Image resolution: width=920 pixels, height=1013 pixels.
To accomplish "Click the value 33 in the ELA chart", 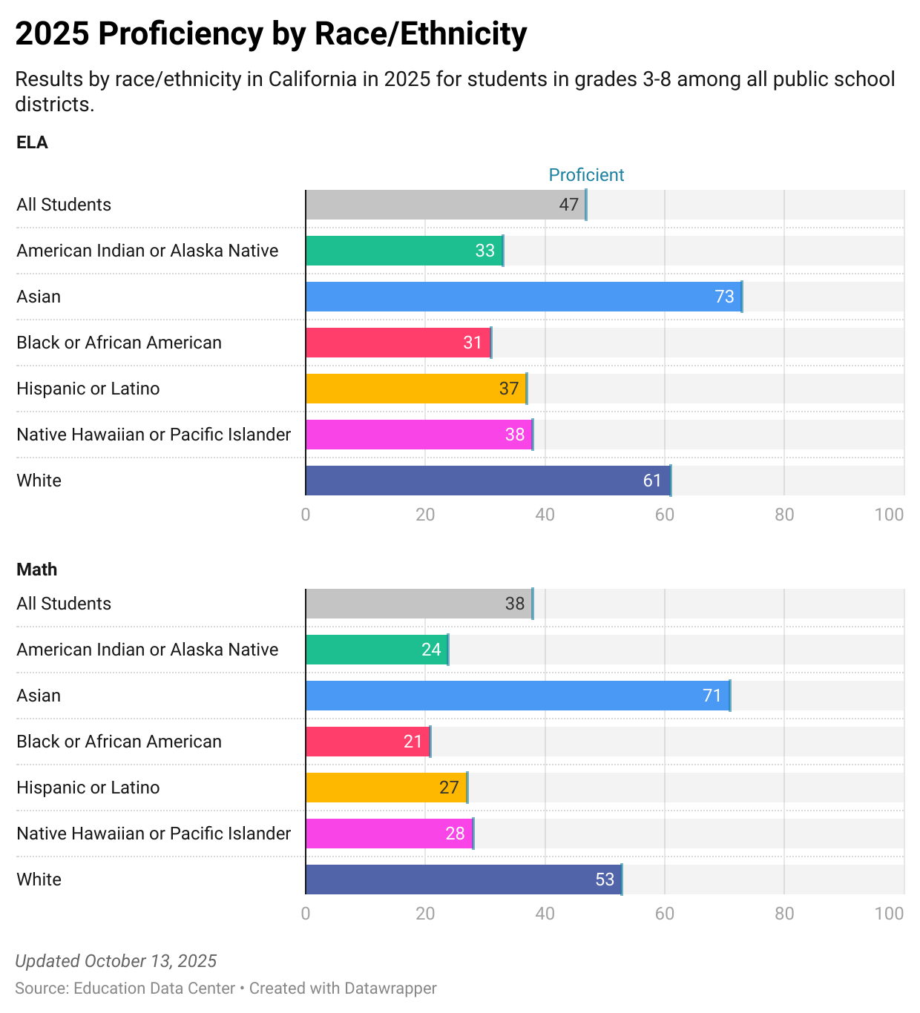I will coord(484,251).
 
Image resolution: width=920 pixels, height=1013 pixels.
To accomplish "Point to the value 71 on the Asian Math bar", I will coord(712,696).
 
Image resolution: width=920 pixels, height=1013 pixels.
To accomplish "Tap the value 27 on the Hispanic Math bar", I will coord(449,788).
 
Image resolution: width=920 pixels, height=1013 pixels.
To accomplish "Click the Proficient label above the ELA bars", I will coord(586,175).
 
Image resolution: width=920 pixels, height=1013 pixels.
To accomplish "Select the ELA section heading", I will coord(32,142).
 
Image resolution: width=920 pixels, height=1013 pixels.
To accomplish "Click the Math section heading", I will coord(37,570).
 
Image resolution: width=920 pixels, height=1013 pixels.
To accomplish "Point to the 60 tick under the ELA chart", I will coord(664,515).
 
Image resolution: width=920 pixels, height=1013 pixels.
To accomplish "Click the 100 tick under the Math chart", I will coord(889,914).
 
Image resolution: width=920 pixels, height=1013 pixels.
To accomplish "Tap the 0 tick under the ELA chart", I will coord(306,515).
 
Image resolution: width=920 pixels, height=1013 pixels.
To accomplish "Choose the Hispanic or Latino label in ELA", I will coord(88,389).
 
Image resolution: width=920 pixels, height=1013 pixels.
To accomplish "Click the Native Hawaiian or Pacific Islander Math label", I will coord(154,834).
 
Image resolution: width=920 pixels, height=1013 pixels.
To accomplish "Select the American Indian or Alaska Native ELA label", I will coord(148,251).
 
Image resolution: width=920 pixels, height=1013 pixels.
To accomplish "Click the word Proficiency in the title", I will coord(181,34).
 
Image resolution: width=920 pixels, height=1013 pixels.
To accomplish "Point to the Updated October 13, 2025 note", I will coord(116,961).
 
